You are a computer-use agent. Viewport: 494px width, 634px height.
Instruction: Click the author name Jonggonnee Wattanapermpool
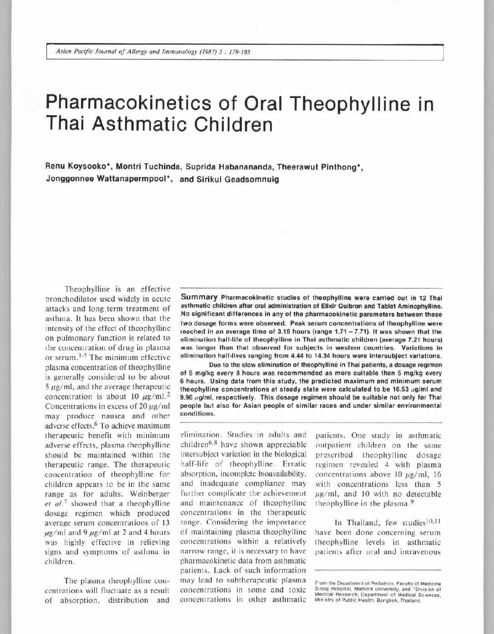[x=108, y=179]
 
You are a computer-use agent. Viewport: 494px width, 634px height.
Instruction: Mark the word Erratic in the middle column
[x=290, y=465]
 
